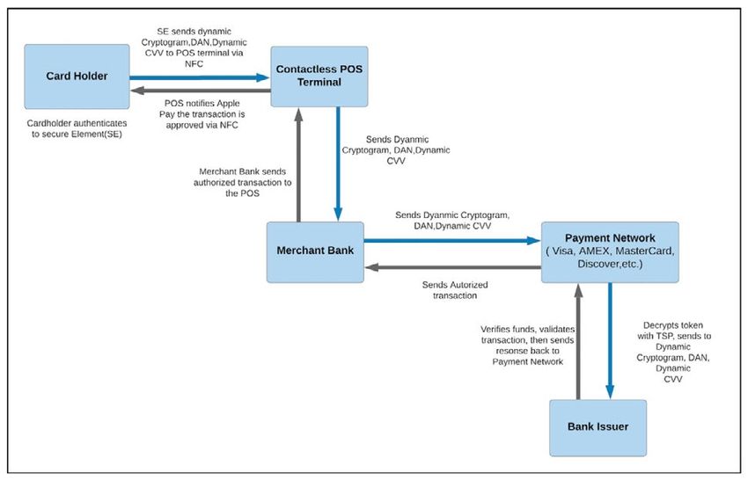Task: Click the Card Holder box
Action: coord(77,76)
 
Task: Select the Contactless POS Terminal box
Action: coord(319,76)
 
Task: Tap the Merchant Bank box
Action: coord(315,251)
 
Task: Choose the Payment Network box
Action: coord(610,251)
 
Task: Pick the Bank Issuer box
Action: coord(598,427)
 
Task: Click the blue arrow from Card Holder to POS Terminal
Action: coord(200,77)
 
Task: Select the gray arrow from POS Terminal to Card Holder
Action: coord(201,91)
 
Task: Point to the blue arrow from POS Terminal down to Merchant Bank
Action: coord(338,164)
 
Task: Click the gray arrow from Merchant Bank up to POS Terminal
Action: coord(298,164)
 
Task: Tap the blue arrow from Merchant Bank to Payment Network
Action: coord(452,240)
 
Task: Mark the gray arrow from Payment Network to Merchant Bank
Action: coord(452,267)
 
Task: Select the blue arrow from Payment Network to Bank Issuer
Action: coord(610,341)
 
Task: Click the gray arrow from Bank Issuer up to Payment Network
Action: coord(578,341)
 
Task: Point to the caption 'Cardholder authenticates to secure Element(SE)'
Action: coord(77,128)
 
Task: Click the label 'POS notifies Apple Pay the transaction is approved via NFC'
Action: coord(202,114)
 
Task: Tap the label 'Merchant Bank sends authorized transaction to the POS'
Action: coord(242,182)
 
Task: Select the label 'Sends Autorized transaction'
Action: coord(455,290)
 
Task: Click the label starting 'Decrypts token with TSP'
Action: coord(673,353)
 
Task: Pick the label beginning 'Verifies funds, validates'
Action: coord(528,345)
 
